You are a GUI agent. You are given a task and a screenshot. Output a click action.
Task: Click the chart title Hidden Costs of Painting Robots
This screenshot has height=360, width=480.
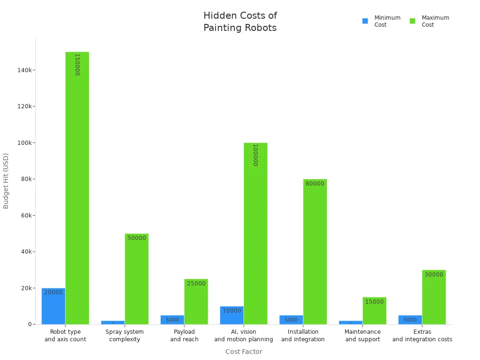tap(240, 22)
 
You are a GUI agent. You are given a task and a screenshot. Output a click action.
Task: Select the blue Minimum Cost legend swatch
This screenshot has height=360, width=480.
tap(365, 21)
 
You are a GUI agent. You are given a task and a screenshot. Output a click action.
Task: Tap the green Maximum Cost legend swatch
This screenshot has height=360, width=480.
tap(412, 21)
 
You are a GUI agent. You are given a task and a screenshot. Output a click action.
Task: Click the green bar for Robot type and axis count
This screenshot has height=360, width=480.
tap(77, 187)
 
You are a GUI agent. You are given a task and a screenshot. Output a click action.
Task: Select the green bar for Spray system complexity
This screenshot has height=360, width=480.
tap(136, 279)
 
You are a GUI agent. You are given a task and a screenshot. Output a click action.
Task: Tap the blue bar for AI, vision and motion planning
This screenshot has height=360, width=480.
tap(232, 315)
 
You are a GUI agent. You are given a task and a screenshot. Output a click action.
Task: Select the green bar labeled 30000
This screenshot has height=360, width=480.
tap(434, 297)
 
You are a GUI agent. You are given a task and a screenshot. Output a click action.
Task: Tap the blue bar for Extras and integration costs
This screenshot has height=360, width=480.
tap(410, 320)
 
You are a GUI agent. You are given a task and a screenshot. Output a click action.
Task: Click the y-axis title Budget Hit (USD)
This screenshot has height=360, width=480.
tap(6, 181)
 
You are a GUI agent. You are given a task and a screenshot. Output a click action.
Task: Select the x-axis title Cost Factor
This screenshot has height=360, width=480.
tap(244, 352)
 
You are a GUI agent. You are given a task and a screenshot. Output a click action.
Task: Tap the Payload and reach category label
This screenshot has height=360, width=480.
tap(184, 336)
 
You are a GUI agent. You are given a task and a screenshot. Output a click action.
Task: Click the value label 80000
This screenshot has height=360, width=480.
tap(315, 184)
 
